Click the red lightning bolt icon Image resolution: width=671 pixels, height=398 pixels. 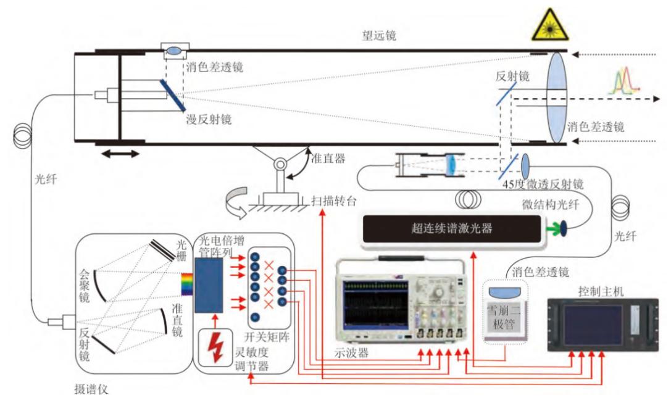(x=215, y=349)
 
